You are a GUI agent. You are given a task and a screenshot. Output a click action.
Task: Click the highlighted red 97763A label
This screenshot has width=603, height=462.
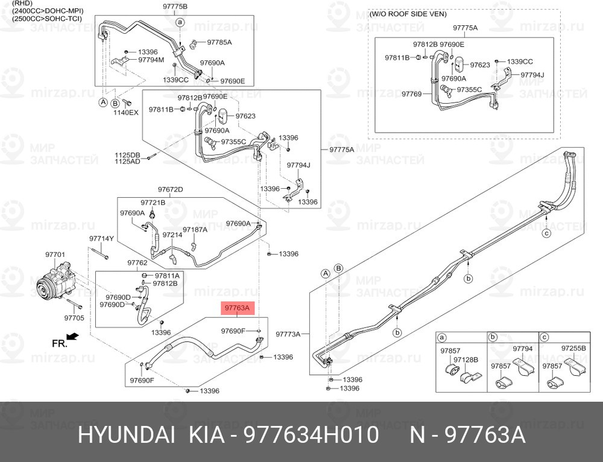[x=237, y=308]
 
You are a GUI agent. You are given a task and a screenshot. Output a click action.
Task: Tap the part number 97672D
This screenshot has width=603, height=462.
[x=171, y=189]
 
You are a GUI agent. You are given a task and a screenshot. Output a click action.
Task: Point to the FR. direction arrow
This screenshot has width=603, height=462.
[x=72, y=337]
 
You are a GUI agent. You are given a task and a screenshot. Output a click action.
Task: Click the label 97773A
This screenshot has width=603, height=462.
[x=288, y=334]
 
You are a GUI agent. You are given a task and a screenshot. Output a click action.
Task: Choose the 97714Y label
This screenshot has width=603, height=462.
[x=101, y=238]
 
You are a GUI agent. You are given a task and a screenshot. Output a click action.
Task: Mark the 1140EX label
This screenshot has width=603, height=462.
[x=126, y=112]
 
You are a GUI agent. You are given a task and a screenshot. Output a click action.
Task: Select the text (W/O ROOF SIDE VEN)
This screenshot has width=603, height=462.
[x=408, y=14]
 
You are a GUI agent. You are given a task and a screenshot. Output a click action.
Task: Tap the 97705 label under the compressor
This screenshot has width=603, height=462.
[x=74, y=318]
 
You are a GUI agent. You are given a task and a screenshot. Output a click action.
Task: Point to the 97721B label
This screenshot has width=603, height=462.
[x=153, y=203]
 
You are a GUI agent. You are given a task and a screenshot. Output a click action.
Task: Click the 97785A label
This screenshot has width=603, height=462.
[x=219, y=42]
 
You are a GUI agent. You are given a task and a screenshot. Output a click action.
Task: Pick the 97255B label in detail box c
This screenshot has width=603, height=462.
[x=573, y=349]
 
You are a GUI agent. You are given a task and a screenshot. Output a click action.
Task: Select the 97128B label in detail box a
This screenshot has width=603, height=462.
[x=466, y=359]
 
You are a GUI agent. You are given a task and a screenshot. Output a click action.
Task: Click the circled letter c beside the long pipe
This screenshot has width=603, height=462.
[x=546, y=233]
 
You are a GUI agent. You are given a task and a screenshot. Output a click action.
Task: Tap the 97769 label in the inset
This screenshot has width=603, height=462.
[x=412, y=94]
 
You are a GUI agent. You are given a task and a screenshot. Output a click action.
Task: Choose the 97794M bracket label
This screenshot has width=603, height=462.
[x=151, y=60]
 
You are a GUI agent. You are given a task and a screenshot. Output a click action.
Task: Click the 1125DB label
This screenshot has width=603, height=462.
[x=127, y=155]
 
